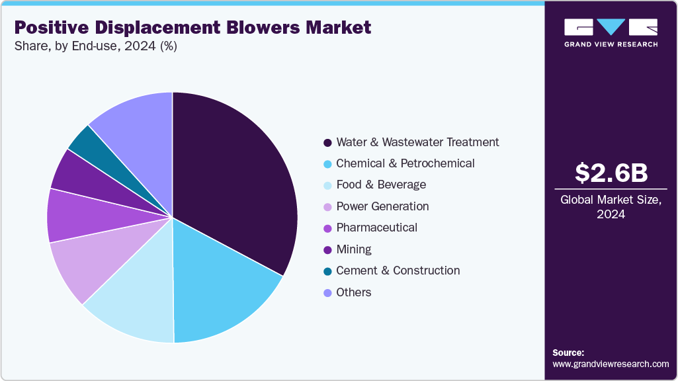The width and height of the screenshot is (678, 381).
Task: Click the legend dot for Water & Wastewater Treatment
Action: [327, 143]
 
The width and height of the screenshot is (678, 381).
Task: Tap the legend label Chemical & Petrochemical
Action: [405, 163]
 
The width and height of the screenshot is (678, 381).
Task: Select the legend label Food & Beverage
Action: [381, 185]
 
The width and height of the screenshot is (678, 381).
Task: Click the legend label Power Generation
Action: [382, 206]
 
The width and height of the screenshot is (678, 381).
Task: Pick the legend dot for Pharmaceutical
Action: [327, 228]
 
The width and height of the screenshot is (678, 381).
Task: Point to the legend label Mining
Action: [354, 249]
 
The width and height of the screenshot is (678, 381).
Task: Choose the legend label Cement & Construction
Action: [398, 271]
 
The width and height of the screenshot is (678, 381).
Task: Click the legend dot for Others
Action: [327, 292]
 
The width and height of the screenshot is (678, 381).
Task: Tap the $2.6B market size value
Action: [611, 173]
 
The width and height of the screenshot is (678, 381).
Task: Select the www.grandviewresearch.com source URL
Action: [611, 364]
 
